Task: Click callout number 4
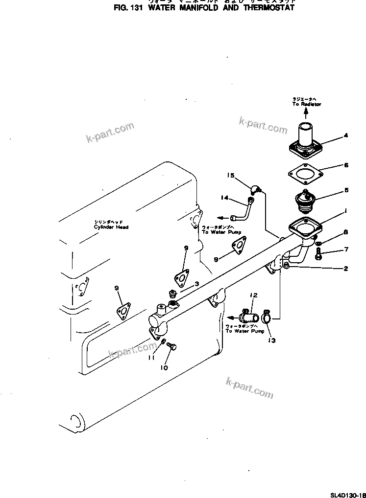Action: (345, 135)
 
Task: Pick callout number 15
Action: (231, 175)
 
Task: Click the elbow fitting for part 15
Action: (255, 189)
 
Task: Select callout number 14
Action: (224, 198)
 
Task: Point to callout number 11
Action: (152, 358)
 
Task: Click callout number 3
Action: (196, 284)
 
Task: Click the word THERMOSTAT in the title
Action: (270, 8)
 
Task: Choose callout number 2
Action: (345, 269)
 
